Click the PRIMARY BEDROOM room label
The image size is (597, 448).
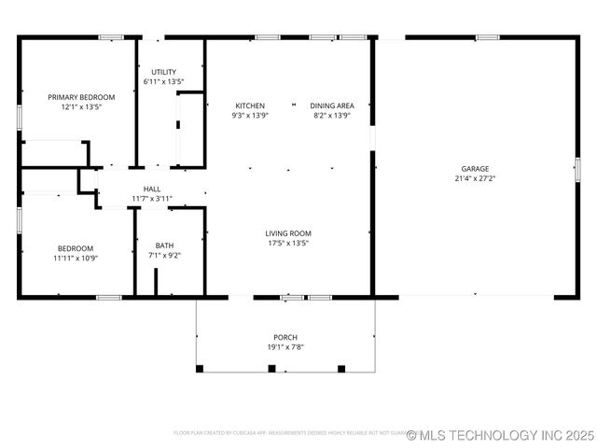81,97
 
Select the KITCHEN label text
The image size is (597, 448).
250,105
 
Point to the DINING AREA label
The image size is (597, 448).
332,105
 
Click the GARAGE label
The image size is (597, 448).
474,169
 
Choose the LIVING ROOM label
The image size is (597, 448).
288,233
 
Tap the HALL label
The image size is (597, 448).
151,189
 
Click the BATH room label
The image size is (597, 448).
164,245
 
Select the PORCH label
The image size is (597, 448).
285,337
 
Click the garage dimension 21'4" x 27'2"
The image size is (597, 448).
474,178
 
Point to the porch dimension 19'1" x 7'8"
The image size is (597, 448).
285,347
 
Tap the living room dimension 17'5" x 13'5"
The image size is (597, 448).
288,243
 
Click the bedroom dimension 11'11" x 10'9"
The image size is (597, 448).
75,258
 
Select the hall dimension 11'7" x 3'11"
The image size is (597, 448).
151,198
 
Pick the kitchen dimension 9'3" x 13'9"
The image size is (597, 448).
250,116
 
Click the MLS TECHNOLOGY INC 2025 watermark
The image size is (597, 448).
500,435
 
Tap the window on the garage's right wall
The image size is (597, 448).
577,169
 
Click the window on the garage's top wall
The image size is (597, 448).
487,37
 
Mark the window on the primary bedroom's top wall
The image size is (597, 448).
111,37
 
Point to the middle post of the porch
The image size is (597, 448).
271,369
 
